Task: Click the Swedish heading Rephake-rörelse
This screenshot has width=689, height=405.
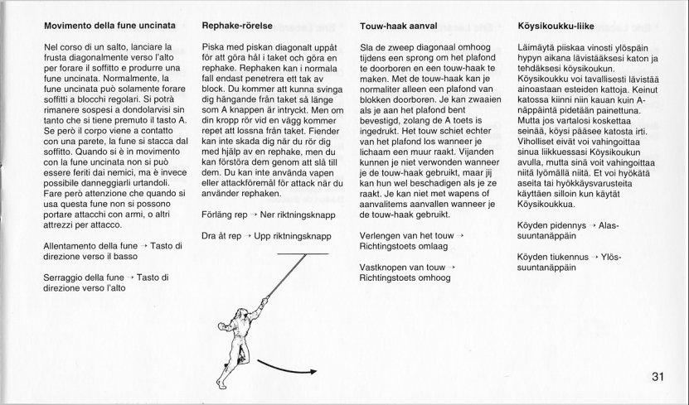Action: [x=238, y=26]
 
